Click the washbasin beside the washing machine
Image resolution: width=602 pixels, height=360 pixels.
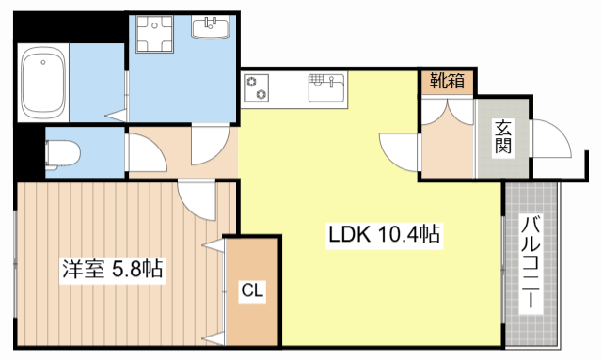pyautogui.click(x=209, y=29)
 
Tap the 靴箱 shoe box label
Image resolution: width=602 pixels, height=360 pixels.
pyautogui.click(x=448, y=82)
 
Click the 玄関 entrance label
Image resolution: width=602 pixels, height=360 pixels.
pyautogui.click(x=503, y=137)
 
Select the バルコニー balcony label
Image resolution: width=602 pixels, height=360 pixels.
pyautogui.click(x=531, y=263)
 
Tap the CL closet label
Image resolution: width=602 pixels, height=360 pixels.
pyautogui.click(x=251, y=291)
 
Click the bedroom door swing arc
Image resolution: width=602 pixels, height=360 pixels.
pyautogui.click(x=198, y=199)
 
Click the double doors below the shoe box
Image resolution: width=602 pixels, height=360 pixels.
pyautogui.click(x=447, y=113)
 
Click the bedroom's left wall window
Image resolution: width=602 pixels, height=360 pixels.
pyautogui.click(x=16, y=263)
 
